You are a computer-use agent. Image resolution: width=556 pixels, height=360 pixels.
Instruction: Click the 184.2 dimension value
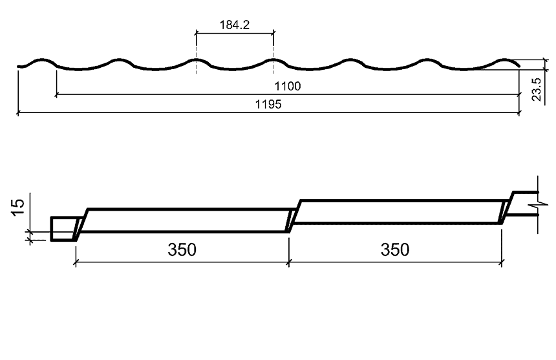point(235,25)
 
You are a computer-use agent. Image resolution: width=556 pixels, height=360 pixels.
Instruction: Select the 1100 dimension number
point(288,86)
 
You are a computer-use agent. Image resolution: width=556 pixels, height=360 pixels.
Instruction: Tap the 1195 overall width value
point(268,104)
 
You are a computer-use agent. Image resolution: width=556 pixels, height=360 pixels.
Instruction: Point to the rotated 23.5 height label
point(537,89)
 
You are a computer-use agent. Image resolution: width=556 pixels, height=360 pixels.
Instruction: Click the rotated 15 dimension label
point(18,207)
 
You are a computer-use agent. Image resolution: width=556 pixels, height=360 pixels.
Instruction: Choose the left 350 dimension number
point(182,249)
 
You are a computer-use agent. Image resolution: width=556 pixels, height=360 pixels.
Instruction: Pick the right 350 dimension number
point(395,249)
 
